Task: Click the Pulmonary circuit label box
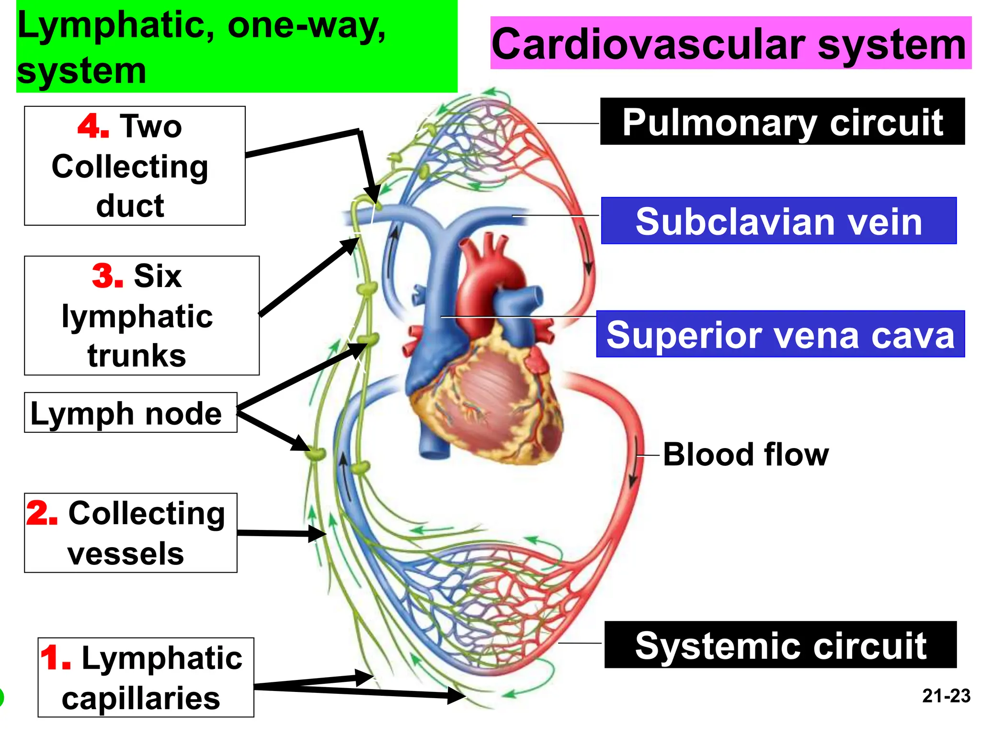click(x=782, y=122)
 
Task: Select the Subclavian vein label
click(x=778, y=221)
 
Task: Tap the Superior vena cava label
click(x=780, y=334)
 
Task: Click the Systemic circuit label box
click(x=780, y=645)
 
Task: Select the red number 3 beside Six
click(x=106, y=276)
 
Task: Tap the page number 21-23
click(x=946, y=696)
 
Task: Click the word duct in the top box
click(x=130, y=206)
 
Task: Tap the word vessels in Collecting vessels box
click(x=125, y=554)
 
